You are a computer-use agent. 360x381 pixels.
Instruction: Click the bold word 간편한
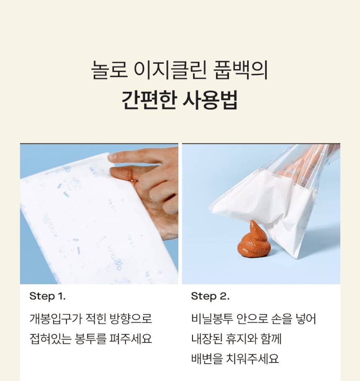click(148, 100)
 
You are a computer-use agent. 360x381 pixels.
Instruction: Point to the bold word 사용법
click(210, 100)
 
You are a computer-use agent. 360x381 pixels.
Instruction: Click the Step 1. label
click(48, 296)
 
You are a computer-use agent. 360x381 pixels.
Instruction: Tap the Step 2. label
click(210, 296)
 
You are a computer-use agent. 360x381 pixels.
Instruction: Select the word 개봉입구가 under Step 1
click(56, 319)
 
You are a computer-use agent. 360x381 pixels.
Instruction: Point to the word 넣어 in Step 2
click(306, 319)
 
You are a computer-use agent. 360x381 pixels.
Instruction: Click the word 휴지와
click(242, 339)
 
